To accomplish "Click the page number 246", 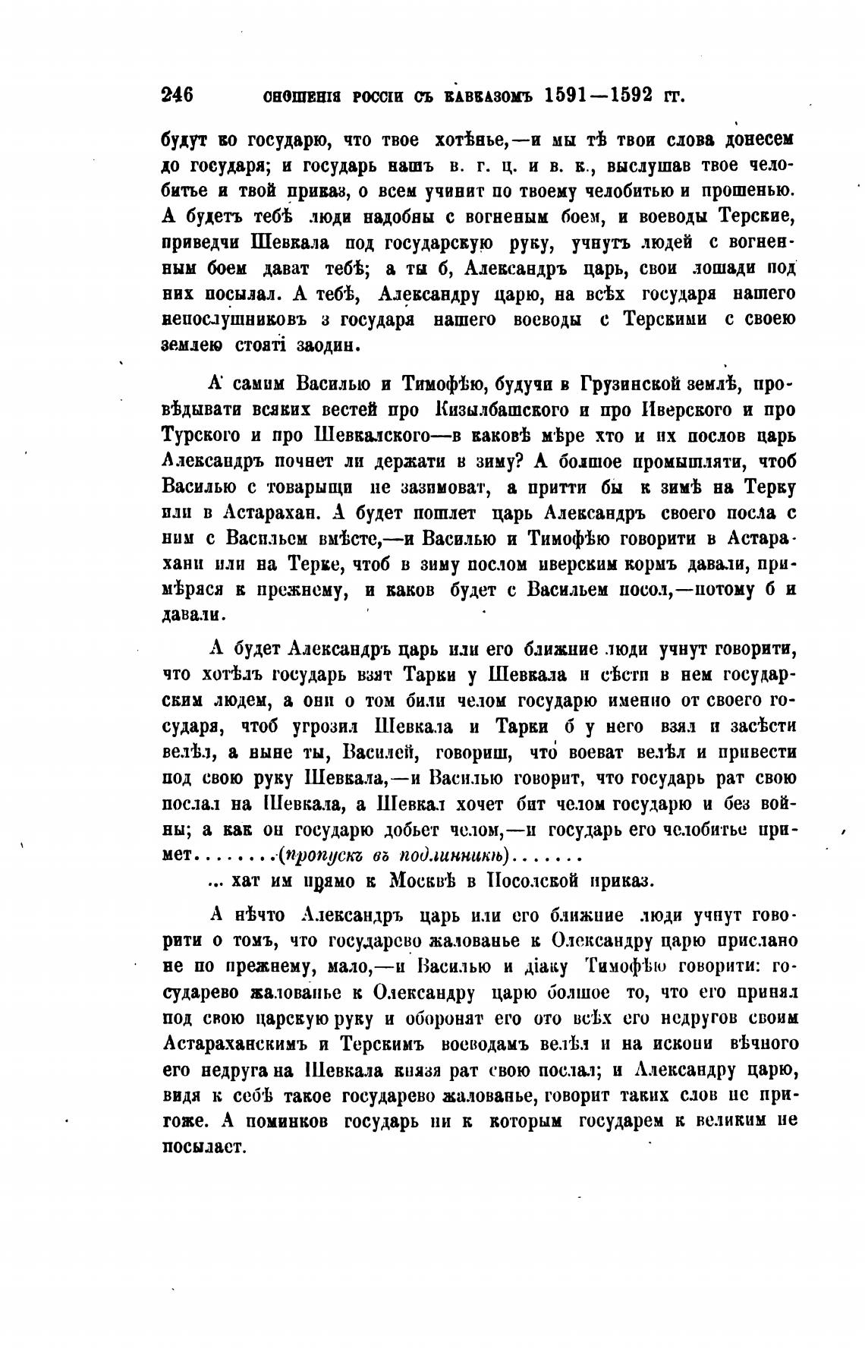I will [x=178, y=96].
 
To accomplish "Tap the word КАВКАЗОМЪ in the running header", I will [x=498, y=97].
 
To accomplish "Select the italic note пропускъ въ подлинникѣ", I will [x=395, y=856].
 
